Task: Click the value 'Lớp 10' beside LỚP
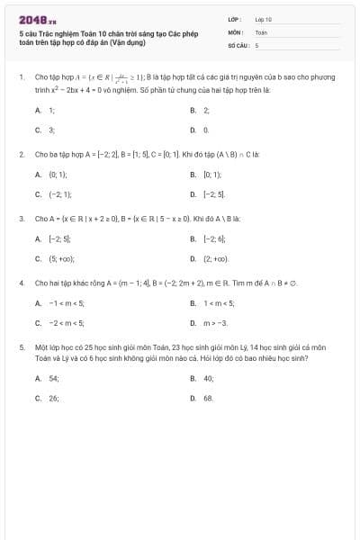(263, 19)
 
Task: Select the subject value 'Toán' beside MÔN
(261, 31)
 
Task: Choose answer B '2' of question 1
(206, 110)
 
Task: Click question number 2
(22, 155)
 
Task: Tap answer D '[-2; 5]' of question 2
(214, 194)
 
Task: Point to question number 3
(22, 219)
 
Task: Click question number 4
(22, 283)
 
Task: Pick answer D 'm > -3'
(215, 322)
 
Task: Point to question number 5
(22, 346)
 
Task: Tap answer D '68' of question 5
(208, 397)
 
